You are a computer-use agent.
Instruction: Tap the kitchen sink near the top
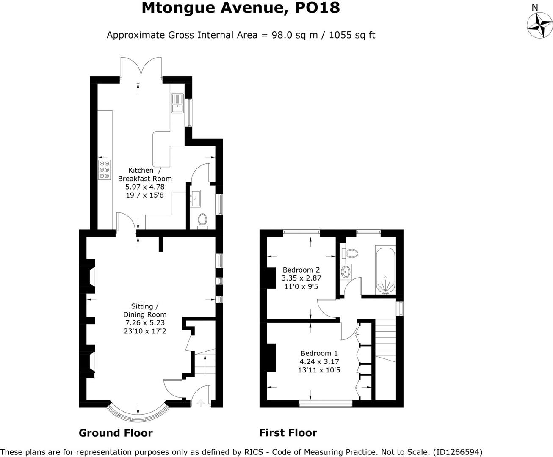[177, 103]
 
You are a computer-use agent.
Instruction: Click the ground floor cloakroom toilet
[202, 220]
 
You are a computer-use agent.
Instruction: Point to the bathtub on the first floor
[385, 271]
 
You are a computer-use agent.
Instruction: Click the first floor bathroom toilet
[351, 253]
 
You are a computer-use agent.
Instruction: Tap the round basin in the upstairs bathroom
[346, 272]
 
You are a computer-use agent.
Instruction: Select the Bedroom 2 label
[301, 270]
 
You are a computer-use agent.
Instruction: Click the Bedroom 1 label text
[319, 353]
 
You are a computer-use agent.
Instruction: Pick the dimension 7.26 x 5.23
[145, 323]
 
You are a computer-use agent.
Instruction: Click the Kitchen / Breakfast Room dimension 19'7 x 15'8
[145, 195]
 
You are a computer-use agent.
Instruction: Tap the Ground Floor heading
[116, 433]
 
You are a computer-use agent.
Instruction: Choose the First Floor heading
[288, 433]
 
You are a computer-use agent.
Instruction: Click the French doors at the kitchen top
[141, 68]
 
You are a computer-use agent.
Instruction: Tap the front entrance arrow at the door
[201, 404]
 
